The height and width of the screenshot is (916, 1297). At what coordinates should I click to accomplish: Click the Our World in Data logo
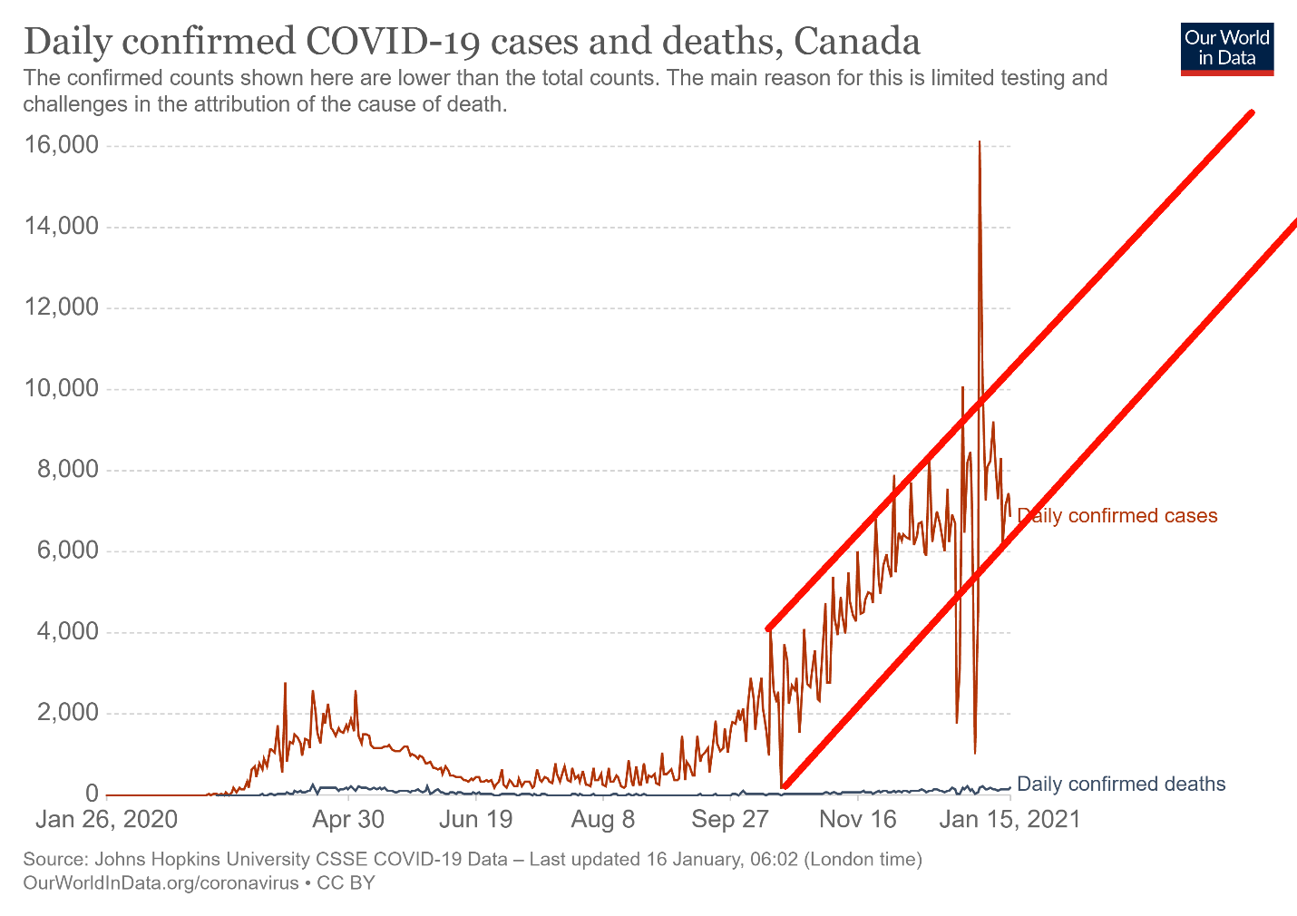click(x=1227, y=49)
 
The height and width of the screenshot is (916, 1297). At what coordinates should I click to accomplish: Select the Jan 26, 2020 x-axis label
click(x=106, y=820)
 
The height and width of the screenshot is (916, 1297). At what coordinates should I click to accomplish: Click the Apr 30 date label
click(x=348, y=820)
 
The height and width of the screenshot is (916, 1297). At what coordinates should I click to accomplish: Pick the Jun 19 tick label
click(x=475, y=820)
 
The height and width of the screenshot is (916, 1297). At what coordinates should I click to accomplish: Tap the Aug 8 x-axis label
click(x=603, y=820)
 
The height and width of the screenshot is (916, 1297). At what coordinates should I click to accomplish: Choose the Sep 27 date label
click(x=730, y=820)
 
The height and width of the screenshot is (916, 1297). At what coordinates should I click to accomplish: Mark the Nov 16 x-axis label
click(x=858, y=820)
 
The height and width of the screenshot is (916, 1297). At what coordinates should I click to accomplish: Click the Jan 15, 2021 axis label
click(x=1009, y=820)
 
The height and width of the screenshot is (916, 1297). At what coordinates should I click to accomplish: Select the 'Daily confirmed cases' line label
click(x=1117, y=516)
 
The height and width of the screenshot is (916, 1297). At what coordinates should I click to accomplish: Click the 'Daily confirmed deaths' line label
click(x=1121, y=784)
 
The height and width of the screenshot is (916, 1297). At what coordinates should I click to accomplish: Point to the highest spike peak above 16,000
click(x=980, y=142)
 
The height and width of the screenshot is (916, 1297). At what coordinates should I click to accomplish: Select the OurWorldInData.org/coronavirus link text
click(x=161, y=882)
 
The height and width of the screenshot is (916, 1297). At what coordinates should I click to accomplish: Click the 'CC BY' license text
click(x=346, y=882)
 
